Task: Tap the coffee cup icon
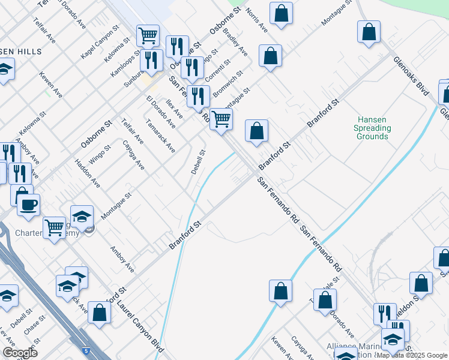pyautogui.click(x=28, y=205)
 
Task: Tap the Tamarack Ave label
pyautogui.click(x=160, y=135)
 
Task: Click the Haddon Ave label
pyautogui.click(x=87, y=173)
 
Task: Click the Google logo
pyautogui.click(x=20, y=353)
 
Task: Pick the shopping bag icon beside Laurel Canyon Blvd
pyautogui.click(x=99, y=313)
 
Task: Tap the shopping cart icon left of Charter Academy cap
pyautogui.click(x=55, y=227)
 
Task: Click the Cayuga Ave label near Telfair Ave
pyautogui.click(x=134, y=154)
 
